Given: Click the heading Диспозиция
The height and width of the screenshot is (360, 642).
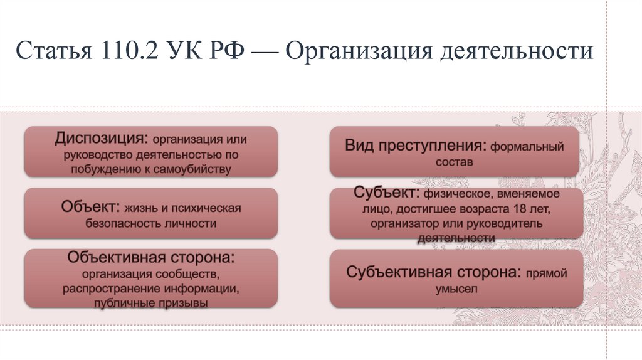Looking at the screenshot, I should tap(101, 137).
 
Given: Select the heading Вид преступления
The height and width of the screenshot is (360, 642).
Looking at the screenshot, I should tap(416, 146).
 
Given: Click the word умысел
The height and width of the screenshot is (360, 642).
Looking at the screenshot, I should tap(456, 289).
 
